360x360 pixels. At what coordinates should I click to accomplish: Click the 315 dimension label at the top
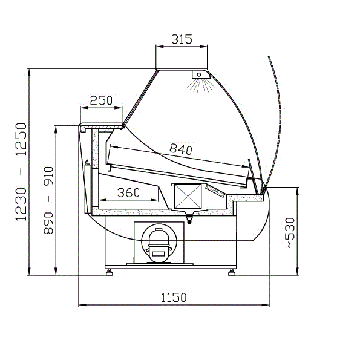(182, 39)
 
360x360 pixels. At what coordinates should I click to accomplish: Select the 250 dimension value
(101, 100)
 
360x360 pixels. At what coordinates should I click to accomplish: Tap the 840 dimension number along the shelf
(181, 149)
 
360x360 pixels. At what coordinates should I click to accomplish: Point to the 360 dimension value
(128, 192)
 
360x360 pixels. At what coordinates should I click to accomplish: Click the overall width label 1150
(174, 298)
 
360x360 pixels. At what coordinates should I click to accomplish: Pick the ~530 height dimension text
(290, 232)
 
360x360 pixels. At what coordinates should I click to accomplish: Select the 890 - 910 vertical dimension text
(48, 200)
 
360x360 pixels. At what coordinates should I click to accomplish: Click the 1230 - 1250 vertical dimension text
(21, 172)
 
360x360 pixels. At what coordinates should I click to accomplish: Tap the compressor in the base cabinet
(159, 245)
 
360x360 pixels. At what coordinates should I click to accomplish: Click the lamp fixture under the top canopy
(200, 74)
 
